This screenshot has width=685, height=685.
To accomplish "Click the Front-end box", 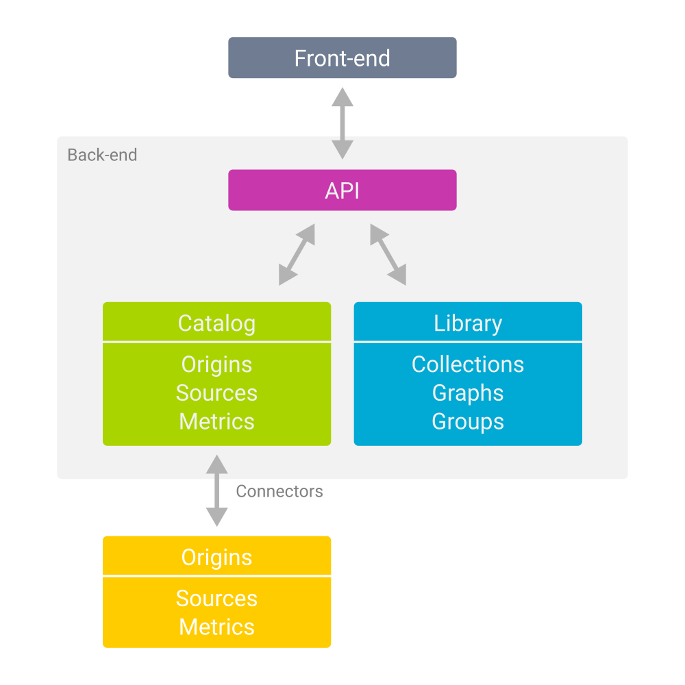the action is pos(342,58).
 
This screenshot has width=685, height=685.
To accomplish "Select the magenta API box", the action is pos(342,190).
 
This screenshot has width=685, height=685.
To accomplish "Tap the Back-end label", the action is pos(102,155).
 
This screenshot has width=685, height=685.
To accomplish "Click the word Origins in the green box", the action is pos(216,364).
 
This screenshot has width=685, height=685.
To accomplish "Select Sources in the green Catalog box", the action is pos(216,393).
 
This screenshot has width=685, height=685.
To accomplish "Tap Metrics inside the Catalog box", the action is pos(216,421).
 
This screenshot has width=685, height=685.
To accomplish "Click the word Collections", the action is pos(468,364).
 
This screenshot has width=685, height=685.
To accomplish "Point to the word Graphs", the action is pos(468,393).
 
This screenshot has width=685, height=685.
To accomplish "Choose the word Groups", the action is pos(468,421).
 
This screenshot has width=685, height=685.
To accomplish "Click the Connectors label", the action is pos(279,491).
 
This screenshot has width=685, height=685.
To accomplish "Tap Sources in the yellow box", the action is pos(216,598).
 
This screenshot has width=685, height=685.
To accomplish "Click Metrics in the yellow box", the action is pos(216,627).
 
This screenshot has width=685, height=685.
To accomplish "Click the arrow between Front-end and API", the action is pos(342,123).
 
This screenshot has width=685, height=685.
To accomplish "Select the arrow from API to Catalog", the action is pos(297,255).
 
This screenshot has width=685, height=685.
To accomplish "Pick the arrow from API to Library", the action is pos(388,255).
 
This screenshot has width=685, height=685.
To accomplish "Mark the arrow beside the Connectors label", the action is pos(217,490).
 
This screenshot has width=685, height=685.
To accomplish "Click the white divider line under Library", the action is pos(468,342).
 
